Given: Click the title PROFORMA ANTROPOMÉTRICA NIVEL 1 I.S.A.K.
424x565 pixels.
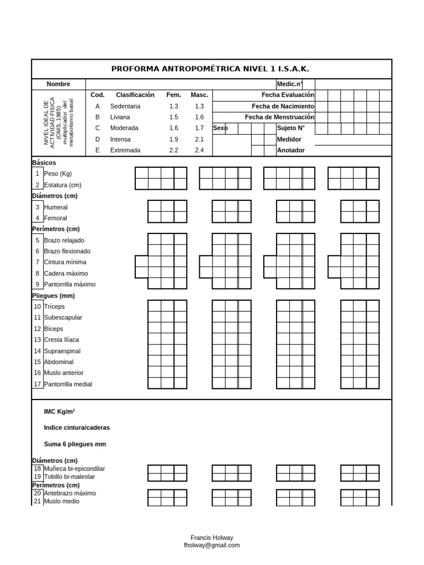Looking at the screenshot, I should point(210,69).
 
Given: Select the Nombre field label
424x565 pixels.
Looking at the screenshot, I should point(58,84).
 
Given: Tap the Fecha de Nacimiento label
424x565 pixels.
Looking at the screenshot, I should point(283,106).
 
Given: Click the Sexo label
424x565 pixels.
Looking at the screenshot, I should point(220,128).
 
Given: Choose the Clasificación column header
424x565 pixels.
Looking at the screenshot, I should point(135,95).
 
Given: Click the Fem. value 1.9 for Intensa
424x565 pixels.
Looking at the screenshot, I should point(174,139).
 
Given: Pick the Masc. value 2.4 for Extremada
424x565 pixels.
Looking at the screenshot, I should point(199,150).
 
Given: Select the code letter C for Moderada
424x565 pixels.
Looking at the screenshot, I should point(98,128).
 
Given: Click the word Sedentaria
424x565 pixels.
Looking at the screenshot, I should point(125,106).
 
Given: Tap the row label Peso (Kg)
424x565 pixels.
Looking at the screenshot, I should point(58,174).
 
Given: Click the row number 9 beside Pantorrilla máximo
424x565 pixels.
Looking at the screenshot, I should point(38,284).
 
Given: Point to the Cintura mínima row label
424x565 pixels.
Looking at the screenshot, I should point(65,262).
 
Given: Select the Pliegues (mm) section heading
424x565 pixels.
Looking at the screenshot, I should point(53,295).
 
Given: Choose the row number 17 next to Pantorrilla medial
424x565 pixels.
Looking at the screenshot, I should point(38,384).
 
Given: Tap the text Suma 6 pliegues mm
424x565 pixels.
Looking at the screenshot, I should point(75,444).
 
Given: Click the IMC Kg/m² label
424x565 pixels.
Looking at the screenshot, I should point(60,412).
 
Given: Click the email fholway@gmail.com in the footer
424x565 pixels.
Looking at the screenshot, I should point(212,545).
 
